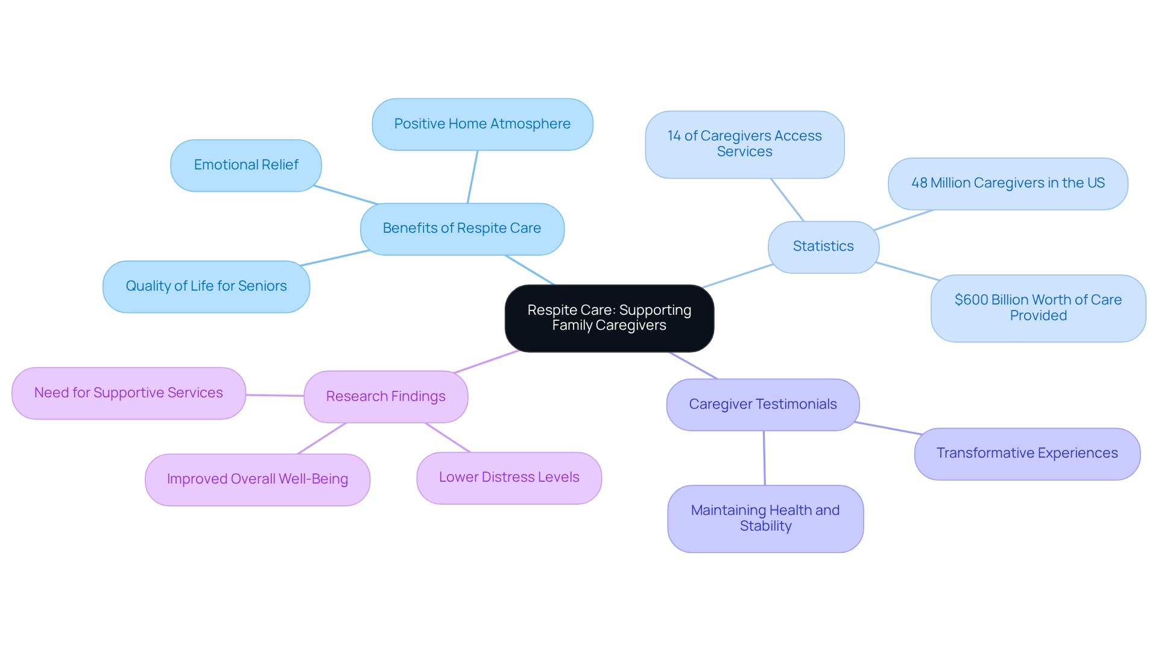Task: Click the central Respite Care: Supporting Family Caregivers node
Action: pyautogui.click(x=609, y=318)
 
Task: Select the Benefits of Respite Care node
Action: pyautogui.click(x=462, y=229)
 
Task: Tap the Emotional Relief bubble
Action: pyautogui.click(x=246, y=165)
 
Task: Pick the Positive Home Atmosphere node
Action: pyautogui.click(x=482, y=124)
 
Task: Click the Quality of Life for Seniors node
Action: pyautogui.click(x=206, y=286)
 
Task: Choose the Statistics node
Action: pyautogui.click(x=823, y=247)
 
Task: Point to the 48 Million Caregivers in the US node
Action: pyautogui.click(x=1008, y=183)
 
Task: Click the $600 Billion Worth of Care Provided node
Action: pyautogui.click(x=1038, y=308)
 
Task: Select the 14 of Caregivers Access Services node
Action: pyautogui.click(x=744, y=144)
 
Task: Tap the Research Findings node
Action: pyautogui.click(x=386, y=397)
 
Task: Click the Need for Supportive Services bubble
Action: pyautogui.click(x=128, y=393)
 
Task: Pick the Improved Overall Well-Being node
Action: pyautogui.click(x=258, y=479)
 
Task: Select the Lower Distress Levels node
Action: pyautogui.click(x=509, y=478)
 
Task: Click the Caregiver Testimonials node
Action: pyautogui.click(x=763, y=405)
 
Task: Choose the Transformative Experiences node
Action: pyautogui.click(x=1027, y=453)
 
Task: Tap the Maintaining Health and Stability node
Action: pyautogui.click(x=765, y=519)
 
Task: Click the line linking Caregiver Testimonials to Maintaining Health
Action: pyautogui.click(x=764, y=458)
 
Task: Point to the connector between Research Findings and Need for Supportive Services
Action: pyautogui.click(x=275, y=396)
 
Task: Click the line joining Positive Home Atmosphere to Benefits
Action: pyautogui.click(x=472, y=177)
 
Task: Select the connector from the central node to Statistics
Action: pyautogui.click(x=738, y=276)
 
